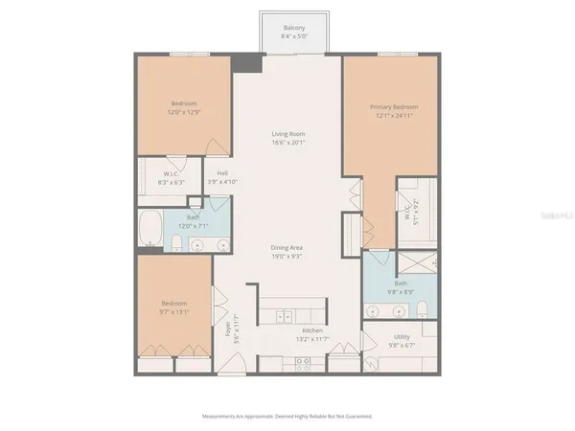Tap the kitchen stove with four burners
point(304,363)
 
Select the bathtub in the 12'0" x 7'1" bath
point(151,231)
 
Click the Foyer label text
point(228,329)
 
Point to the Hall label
point(221,173)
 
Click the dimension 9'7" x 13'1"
point(173,310)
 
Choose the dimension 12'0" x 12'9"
point(184,109)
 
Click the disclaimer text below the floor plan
point(287,417)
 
